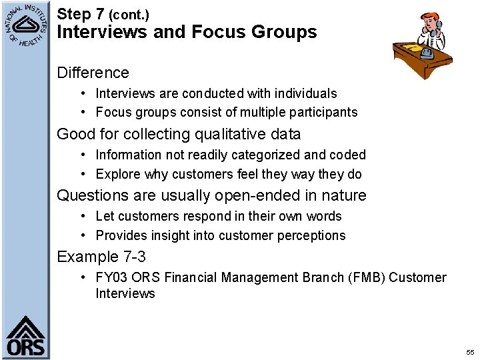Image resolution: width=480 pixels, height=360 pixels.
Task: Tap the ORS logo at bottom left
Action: coord(25,337)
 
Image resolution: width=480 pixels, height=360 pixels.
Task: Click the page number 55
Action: coord(470,352)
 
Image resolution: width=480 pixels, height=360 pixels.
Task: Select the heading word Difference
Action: coord(93,73)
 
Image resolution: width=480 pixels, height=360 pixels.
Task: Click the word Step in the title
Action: coord(73,13)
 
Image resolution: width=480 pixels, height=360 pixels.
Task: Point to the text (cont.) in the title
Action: coord(129,14)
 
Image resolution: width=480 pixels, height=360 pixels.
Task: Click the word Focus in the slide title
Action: coord(217,31)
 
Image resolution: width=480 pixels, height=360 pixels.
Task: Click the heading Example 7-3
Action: coord(101,257)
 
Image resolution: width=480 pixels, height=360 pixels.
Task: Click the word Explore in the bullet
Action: coord(118,174)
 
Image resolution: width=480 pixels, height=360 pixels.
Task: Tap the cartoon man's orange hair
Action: coord(430,17)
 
